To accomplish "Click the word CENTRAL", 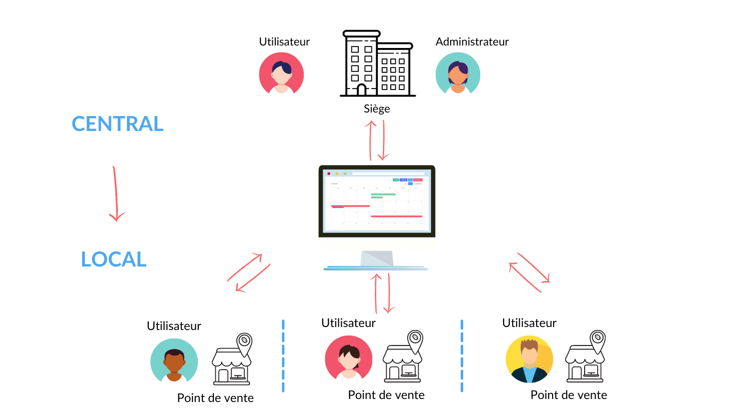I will [117, 124].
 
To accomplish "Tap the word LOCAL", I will [114, 259].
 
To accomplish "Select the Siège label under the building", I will [377, 109].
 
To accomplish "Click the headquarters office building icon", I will [378, 63].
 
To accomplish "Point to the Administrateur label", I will [472, 42].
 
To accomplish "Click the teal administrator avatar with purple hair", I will [458, 74].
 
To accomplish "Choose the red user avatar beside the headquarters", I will [281, 74].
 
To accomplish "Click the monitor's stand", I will [376, 260].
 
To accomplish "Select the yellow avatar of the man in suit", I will [529, 359].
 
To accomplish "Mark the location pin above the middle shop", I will [415, 340].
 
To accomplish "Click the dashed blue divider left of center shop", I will [283, 355].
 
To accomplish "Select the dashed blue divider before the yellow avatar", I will [462, 355].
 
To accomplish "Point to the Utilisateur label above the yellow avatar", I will [529, 323].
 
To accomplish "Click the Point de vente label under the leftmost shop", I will [215, 398].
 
